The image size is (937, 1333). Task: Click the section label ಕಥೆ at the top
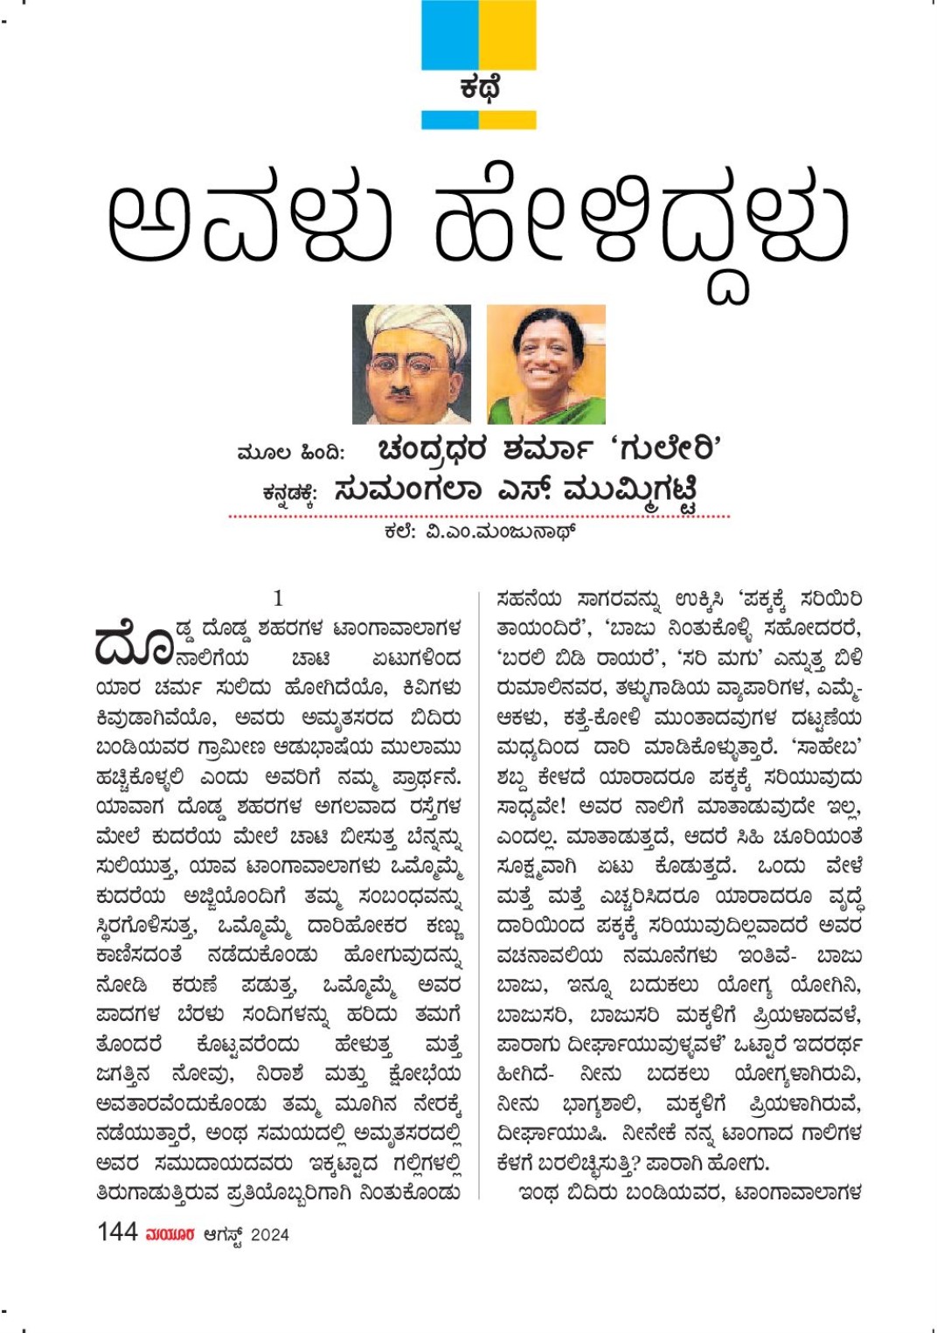(479, 89)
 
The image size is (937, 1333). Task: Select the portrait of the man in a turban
(411, 364)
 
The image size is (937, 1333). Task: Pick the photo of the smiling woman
(545, 364)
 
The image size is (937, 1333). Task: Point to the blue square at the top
(450, 35)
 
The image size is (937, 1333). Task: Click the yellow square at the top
(508, 35)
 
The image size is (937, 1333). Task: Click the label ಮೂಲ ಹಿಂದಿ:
(291, 453)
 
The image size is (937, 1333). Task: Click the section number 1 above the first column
(278, 598)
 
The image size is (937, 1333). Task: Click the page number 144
(117, 1232)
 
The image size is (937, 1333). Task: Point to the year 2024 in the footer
(269, 1234)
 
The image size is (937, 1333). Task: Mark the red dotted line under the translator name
(479, 517)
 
